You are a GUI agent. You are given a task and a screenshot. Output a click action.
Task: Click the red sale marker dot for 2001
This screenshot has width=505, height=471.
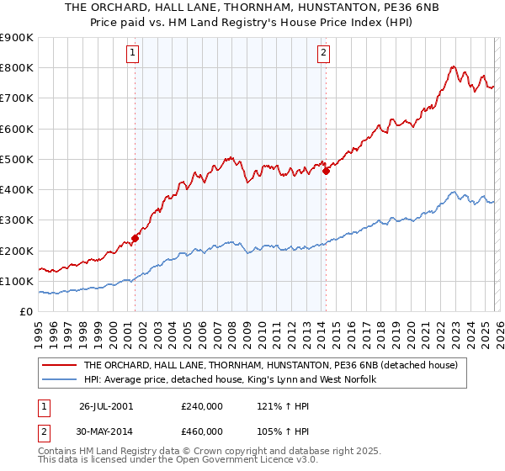point(135,238)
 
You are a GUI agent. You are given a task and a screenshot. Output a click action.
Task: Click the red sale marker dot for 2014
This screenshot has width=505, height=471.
point(326,171)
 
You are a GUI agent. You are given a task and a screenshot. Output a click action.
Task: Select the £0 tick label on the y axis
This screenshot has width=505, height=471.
point(25,311)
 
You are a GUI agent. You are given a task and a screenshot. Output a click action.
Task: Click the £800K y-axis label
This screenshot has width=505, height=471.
point(17,68)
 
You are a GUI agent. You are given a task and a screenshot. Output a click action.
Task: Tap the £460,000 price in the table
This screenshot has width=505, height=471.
point(202,431)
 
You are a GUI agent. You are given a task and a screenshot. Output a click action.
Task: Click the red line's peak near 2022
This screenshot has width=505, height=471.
point(453,66)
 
